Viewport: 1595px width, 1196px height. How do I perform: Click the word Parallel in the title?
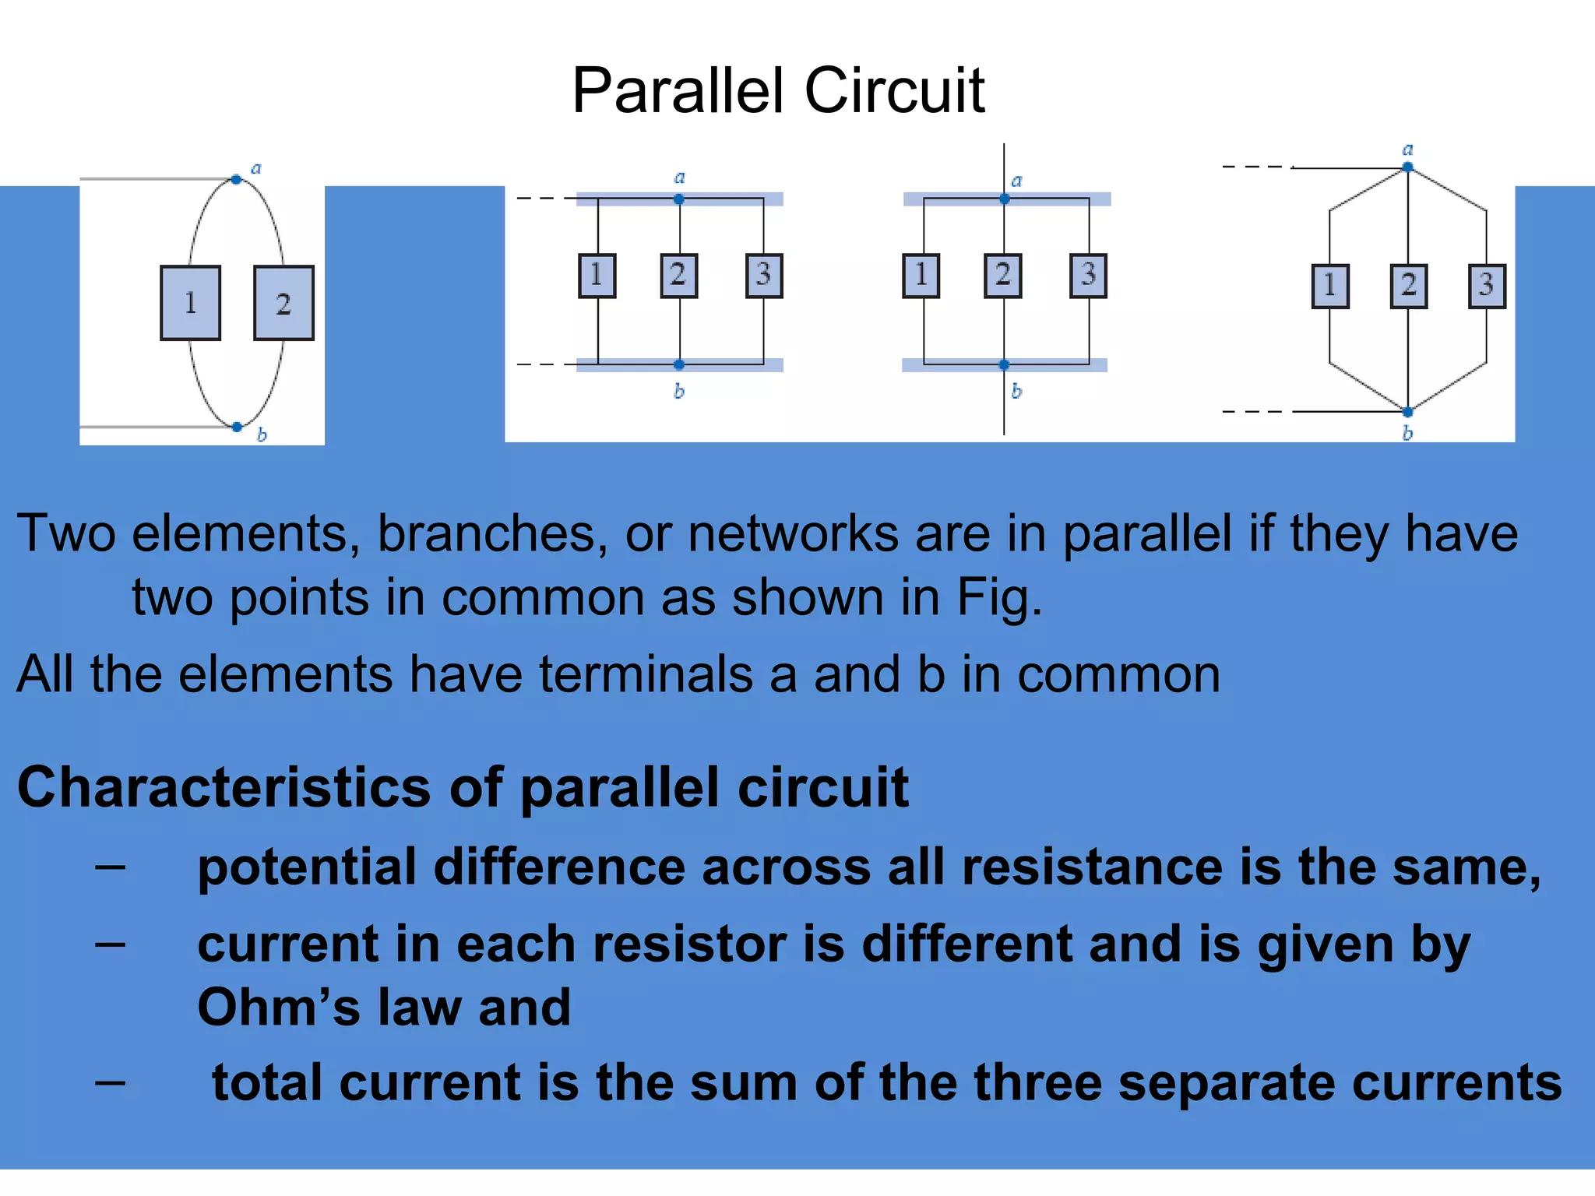tap(677, 91)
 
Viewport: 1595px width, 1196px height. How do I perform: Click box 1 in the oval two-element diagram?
tap(190, 303)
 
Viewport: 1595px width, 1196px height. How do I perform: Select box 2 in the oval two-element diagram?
tap(283, 303)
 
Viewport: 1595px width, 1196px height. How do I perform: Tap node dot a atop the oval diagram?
tap(236, 180)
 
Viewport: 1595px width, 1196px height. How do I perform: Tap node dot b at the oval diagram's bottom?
tap(237, 427)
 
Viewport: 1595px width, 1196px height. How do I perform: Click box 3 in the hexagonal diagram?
tap(1486, 286)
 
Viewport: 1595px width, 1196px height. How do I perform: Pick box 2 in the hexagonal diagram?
tap(1408, 286)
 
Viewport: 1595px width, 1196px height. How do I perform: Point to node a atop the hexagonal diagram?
tap(1407, 167)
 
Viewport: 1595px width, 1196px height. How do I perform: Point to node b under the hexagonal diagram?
tap(1407, 412)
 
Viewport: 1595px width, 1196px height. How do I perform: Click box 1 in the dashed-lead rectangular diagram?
tap(597, 275)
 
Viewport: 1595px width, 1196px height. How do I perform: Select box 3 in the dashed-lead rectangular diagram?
tap(763, 275)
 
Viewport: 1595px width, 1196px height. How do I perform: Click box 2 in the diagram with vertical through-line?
tap(1003, 275)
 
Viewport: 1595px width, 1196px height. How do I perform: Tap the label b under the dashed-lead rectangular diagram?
tap(679, 392)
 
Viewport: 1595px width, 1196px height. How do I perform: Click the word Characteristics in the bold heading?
tap(223, 787)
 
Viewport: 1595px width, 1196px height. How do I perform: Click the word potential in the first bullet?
tap(307, 867)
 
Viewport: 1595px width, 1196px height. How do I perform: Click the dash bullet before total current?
tap(110, 1082)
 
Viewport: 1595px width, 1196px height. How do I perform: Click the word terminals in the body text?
tap(646, 674)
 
